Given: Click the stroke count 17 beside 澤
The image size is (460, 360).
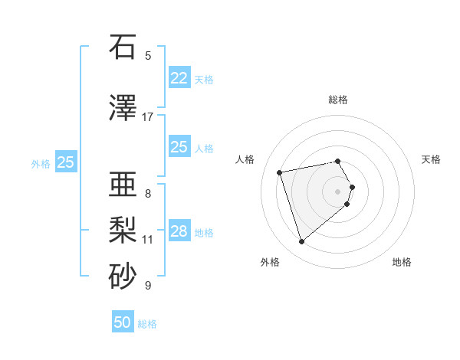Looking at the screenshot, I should [x=148, y=116].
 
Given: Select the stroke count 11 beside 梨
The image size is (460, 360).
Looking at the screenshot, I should [x=148, y=239].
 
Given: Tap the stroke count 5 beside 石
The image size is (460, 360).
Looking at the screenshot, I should [x=148, y=55].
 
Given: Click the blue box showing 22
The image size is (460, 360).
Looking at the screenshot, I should [x=179, y=78].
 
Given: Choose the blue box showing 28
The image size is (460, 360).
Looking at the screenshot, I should [x=179, y=231].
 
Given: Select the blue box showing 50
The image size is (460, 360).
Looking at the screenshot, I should [x=123, y=322].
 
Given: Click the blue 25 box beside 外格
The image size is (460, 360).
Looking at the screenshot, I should [x=66, y=162].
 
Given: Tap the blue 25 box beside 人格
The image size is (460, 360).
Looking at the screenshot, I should [x=179, y=147].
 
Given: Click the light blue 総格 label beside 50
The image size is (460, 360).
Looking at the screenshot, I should [x=147, y=324].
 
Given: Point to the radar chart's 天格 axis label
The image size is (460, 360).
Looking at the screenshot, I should [x=431, y=159].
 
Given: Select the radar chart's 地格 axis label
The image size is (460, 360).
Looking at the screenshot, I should [x=402, y=262].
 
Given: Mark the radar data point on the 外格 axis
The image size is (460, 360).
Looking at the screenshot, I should [x=301, y=241].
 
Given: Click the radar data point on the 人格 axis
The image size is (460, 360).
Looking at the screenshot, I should [x=280, y=172].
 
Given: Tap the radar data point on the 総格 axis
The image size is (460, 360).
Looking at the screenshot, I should [x=337, y=162].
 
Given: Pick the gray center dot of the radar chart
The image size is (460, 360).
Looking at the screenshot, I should [x=338, y=191].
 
